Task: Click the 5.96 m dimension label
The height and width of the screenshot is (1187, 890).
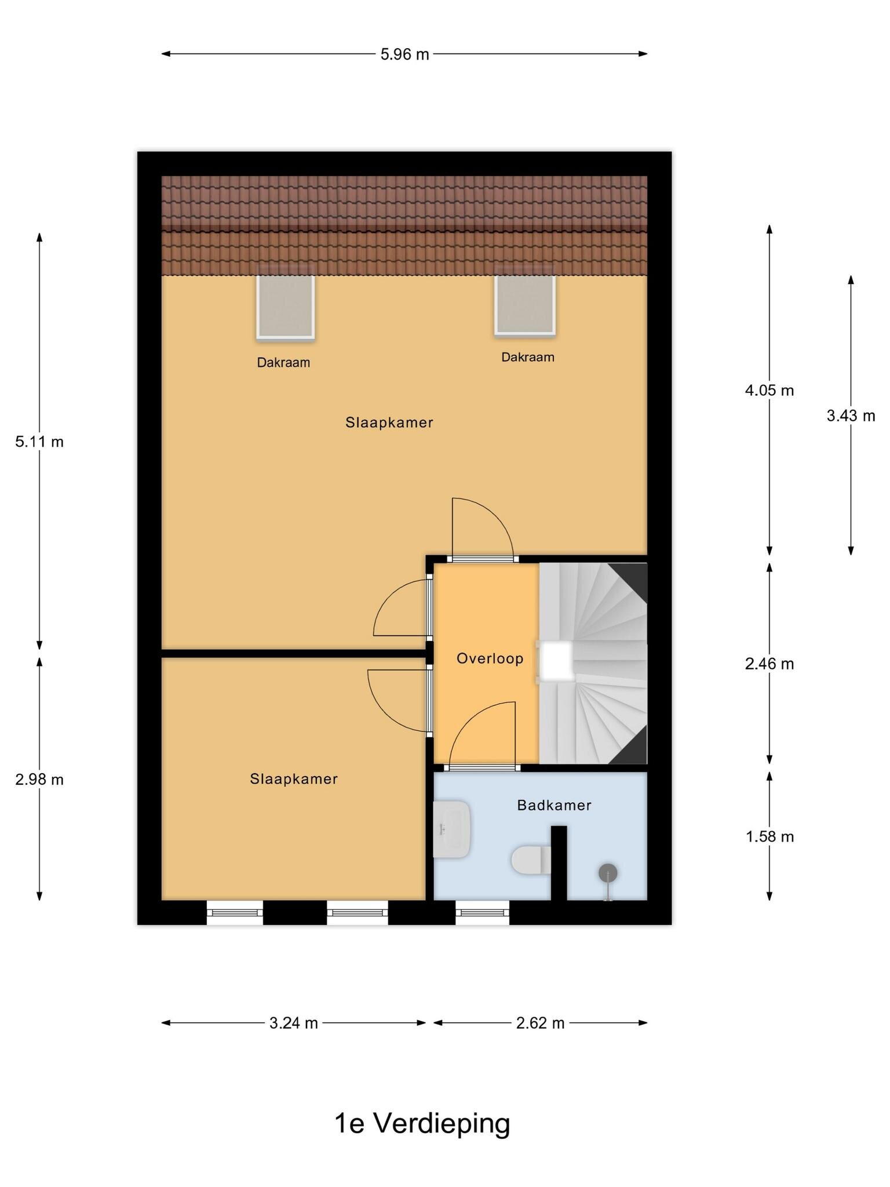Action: (x=404, y=54)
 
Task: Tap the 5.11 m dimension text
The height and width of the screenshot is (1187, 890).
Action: (x=39, y=442)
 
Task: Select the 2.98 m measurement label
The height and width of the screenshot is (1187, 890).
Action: (x=39, y=780)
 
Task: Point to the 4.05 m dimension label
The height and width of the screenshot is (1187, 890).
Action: (x=769, y=391)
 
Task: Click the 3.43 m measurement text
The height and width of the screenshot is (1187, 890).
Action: (x=851, y=416)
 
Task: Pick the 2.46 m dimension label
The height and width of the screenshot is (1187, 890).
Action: (x=769, y=664)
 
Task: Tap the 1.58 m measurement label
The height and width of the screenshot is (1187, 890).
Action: (x=769, y=837)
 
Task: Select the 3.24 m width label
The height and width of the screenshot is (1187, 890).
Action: (x=294, y=1024)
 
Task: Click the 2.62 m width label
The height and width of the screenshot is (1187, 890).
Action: (x=540, y=1024)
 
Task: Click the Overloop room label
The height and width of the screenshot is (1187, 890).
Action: (x=490, y=659)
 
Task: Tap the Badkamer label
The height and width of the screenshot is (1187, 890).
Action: (x=555, y=806)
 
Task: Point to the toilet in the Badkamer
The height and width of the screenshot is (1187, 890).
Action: (x=531, y=860)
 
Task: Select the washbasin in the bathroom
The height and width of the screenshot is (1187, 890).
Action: (x=452, y=829)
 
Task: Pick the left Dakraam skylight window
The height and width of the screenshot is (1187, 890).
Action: (x=286, y=305)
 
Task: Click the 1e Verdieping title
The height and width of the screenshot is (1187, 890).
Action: (x=422, y=1123)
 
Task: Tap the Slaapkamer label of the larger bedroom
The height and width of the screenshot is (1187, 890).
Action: (x=389, y=423)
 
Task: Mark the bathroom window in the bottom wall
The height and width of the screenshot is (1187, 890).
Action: (x=482, y=913)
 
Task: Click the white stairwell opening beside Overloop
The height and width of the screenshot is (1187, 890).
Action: (x=556, y=661)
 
